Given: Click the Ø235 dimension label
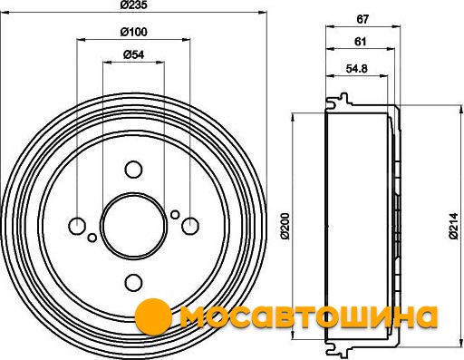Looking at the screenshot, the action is tap(133, 5).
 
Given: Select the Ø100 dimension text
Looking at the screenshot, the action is tap(133, 32).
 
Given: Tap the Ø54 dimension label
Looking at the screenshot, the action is tap(133, 54).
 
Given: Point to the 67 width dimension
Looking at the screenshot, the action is tap(362, 19).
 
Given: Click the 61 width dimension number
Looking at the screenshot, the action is tap(360, 41).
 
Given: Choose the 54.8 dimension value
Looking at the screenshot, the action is tap(356, 69).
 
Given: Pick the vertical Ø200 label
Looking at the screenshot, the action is tap(285, 226).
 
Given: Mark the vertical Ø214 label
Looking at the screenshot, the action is tap(453, 226).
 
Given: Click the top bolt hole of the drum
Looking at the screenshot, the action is tap(133, 170).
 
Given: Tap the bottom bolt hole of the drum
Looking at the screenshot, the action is tap(133, 282).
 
